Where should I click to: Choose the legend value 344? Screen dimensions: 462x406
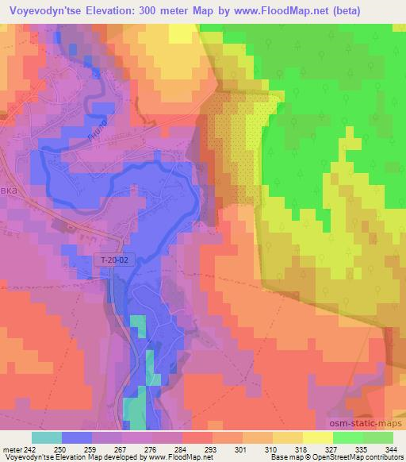(393, 449)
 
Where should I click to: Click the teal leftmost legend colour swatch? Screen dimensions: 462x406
(46, 437)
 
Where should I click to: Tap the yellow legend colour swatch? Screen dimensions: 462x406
(317, 437)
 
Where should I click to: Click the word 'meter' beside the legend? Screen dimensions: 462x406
(10, 449)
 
